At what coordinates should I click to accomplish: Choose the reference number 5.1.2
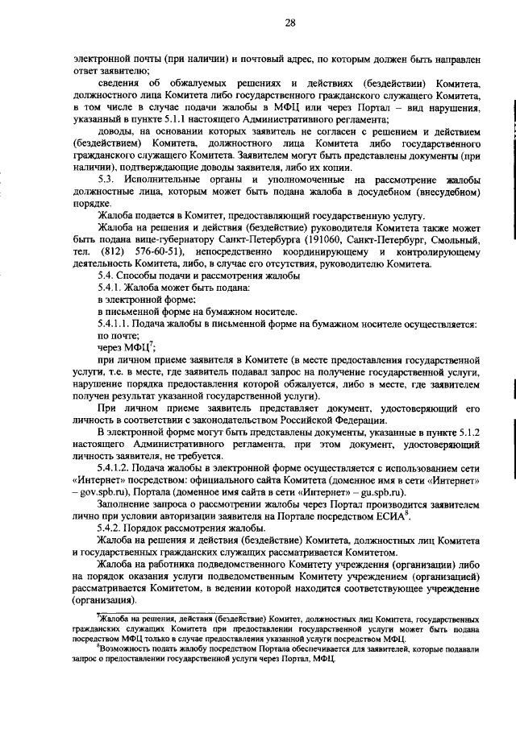point(467,433)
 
